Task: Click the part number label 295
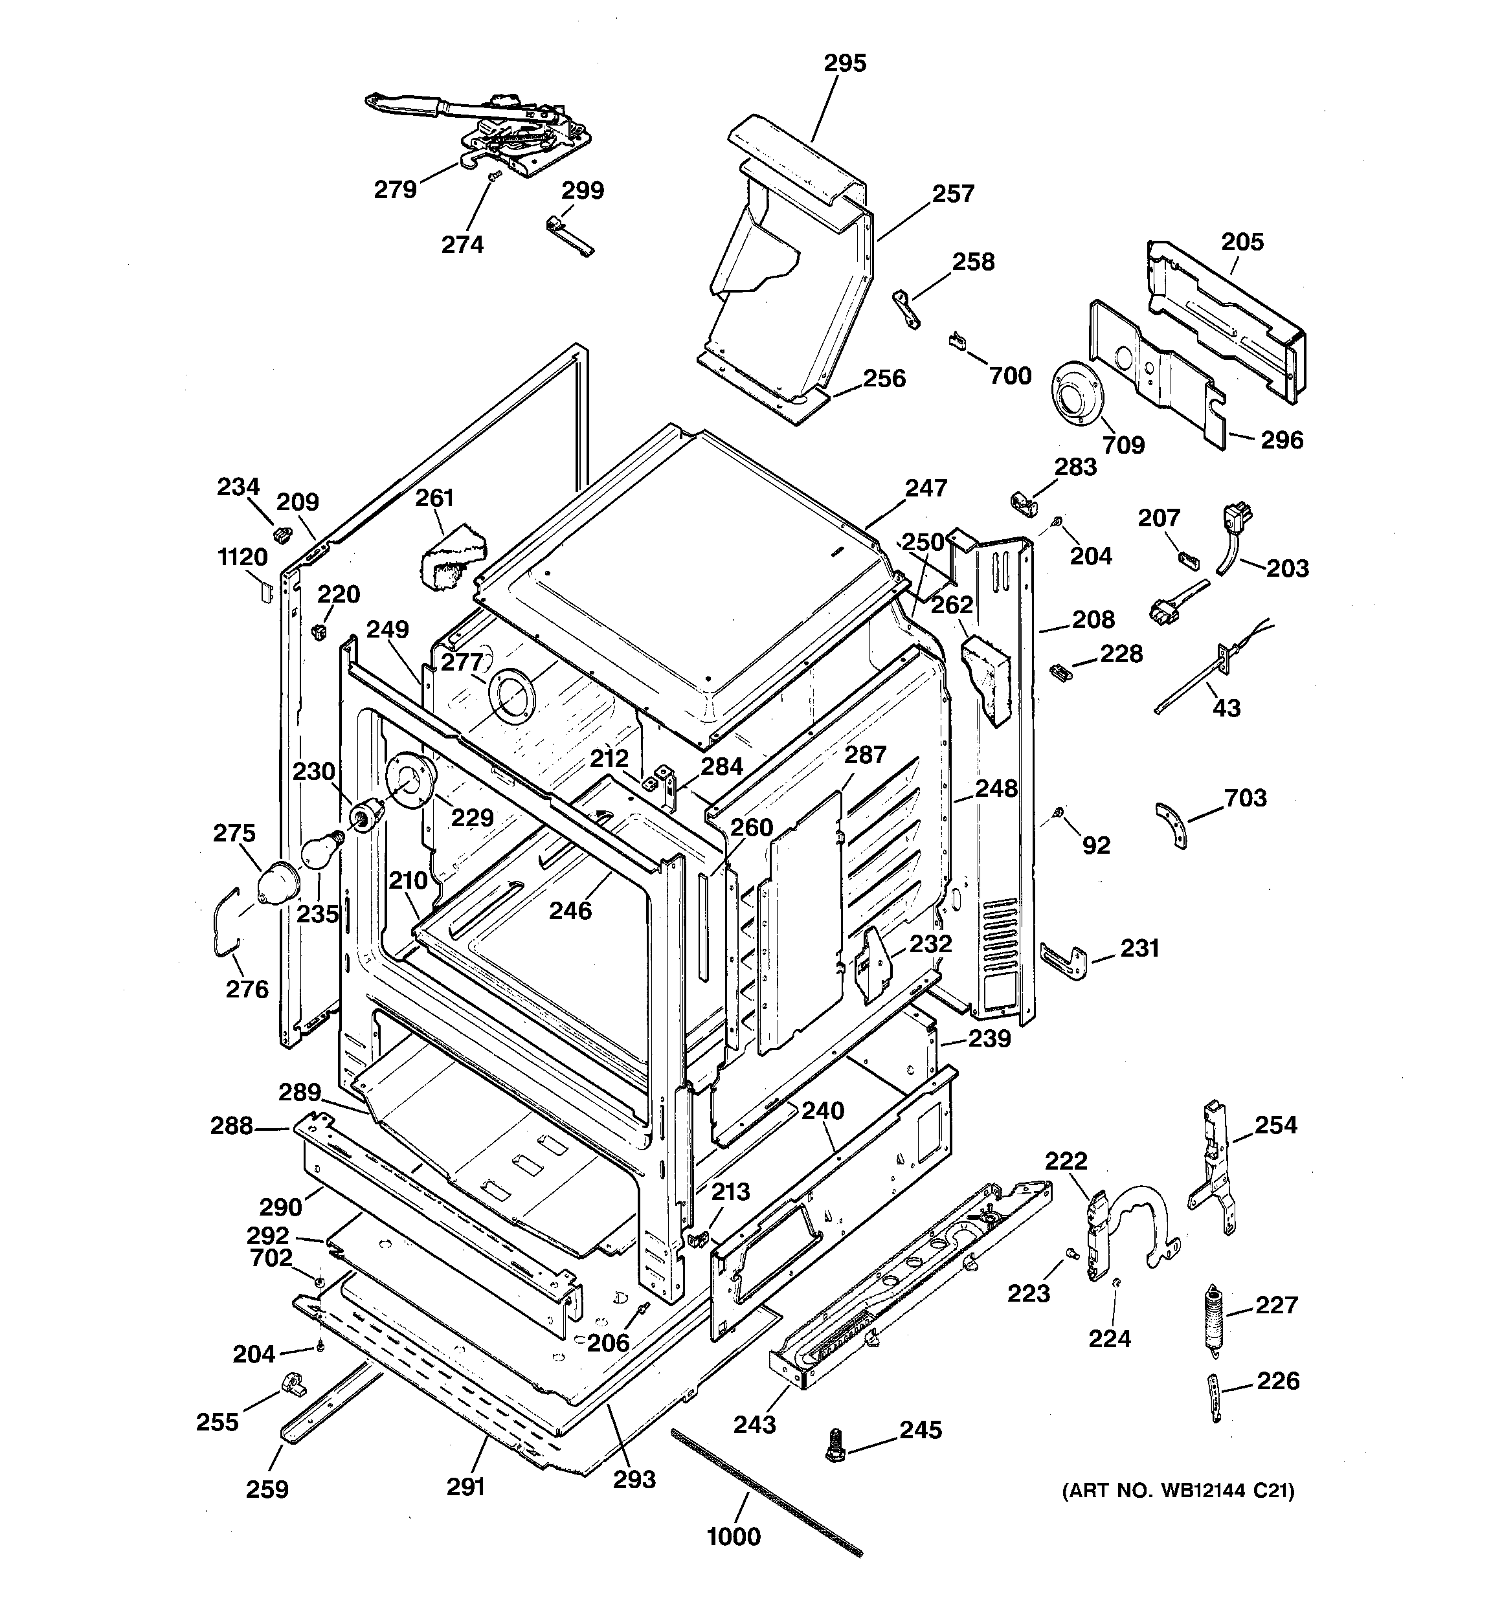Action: click(845, 63)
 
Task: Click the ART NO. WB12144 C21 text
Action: click(1178, 1491)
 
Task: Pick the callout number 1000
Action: click(734, 1537)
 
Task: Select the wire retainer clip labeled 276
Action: click(227, 922)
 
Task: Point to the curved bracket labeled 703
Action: click(1171, 825)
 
